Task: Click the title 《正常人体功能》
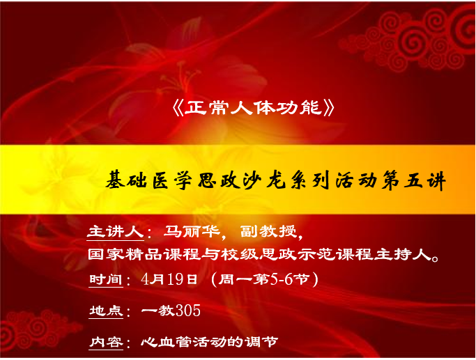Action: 253,108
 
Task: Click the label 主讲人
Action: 116,232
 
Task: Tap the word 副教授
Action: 268,232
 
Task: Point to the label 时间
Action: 106,279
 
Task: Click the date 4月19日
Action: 169,279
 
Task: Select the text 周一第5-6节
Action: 264,279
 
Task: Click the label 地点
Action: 106,311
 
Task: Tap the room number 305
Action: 188,311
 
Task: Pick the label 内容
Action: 106,343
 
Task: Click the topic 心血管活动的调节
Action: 210,343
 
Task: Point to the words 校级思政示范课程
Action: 297,255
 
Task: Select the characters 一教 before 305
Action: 158,311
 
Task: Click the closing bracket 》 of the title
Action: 329,108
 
